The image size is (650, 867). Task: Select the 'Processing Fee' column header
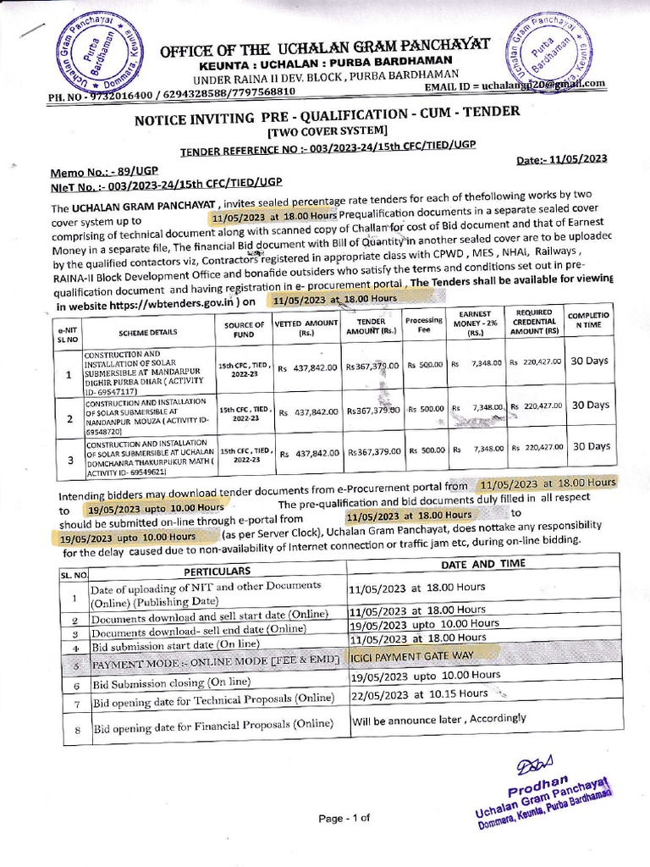(424, 326)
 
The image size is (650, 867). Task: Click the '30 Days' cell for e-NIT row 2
(590, 405)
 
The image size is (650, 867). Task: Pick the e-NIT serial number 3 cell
(69, 460)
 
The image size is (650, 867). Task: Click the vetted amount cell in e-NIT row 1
(308, 369)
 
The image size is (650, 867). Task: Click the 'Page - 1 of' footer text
(344, 818)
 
